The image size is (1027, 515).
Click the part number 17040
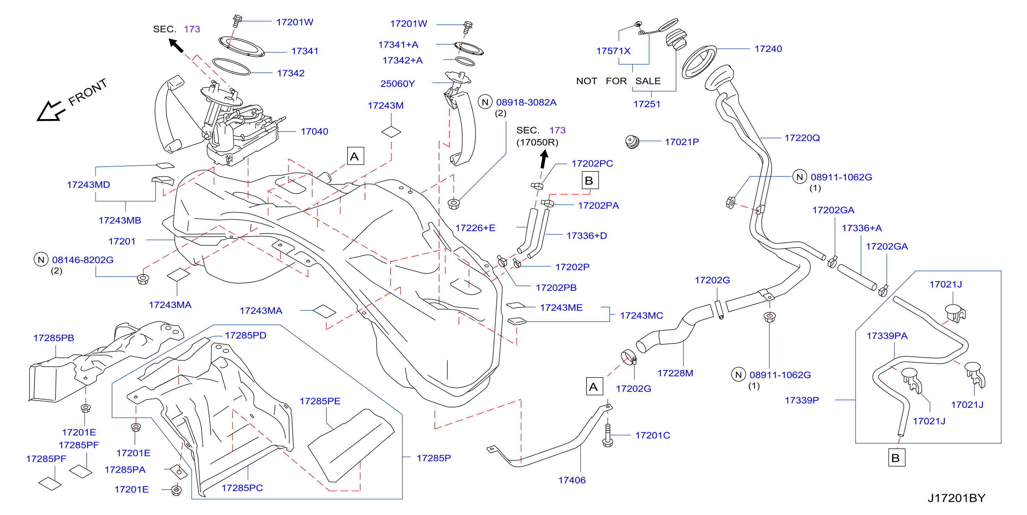pos(314,131)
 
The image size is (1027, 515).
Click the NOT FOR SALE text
pos(618,81)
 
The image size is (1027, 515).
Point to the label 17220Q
pos(802,138)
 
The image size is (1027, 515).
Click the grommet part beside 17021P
pos(632,142)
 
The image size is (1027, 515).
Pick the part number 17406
pos(572,480)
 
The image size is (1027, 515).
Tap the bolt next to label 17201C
pos(608,435)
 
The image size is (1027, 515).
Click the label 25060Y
pos(397,84)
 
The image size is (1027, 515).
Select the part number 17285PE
pos(320,401)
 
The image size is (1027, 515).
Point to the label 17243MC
pos(641,315)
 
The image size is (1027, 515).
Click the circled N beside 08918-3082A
pos(485,102)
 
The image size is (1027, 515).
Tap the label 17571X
pos(613,51)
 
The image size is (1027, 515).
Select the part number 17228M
pos(675,373)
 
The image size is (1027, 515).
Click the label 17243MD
pos(88,185)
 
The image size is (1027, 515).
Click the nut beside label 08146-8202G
pos(143,278)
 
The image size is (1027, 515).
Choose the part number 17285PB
pos(53,338)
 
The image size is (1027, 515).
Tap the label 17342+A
pos(402,60)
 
